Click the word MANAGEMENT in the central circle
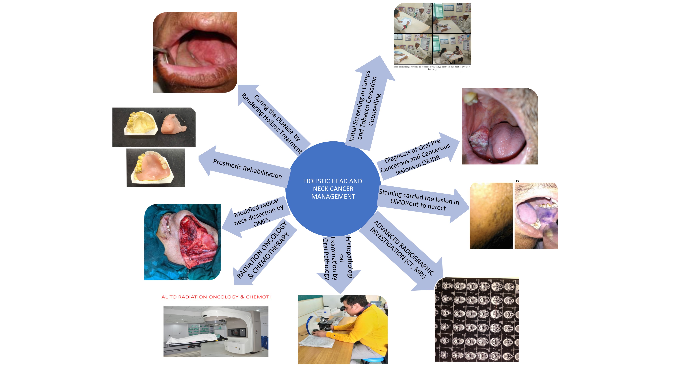tap(333, 196)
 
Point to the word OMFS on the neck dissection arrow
tap(261, 222)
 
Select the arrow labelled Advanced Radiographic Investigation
tap(402, 250)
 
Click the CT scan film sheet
tap(477, 320)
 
